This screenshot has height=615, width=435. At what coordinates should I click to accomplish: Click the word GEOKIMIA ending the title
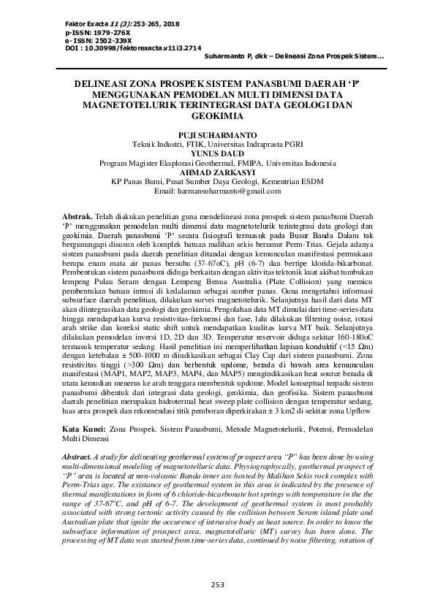[x=217, y=115]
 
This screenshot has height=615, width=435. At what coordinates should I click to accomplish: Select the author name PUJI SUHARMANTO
[x=217, y=136]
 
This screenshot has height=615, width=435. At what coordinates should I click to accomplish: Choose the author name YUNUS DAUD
[x=217, y=154]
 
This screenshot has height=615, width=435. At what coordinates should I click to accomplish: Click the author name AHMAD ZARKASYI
[x=217, y=172]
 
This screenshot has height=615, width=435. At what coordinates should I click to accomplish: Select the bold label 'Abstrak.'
[x=77, y=218]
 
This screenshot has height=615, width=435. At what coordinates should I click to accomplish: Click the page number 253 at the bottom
[x=217, y=585]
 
